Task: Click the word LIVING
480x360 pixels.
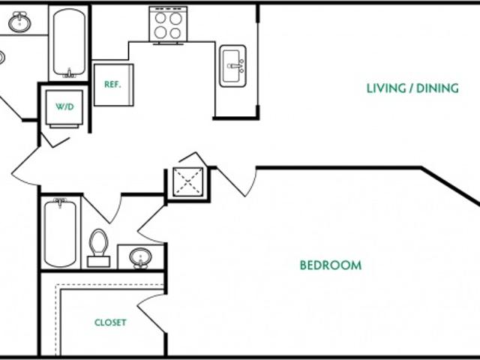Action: point(384,88)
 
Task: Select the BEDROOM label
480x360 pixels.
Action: point(330,265)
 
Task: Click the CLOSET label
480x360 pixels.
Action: point(110,323)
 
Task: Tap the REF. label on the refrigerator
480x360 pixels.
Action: point(112,84)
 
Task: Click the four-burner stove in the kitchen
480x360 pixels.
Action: point(167,24)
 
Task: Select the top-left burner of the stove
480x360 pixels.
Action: point(160,18)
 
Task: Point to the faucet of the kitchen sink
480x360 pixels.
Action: point(238,66)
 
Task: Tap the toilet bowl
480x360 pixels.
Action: point(98,241)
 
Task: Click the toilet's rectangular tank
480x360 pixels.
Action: point(98,262)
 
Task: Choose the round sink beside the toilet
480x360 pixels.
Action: point(140,258)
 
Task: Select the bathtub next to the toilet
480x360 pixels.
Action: point(60,232)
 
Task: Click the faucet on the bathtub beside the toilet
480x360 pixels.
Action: point(60,202)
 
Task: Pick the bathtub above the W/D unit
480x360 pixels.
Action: point(69,42)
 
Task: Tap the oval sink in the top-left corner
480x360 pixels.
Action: point(19,22)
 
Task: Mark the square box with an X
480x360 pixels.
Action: point(187,181)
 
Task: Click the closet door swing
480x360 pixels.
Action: point(150,311)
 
